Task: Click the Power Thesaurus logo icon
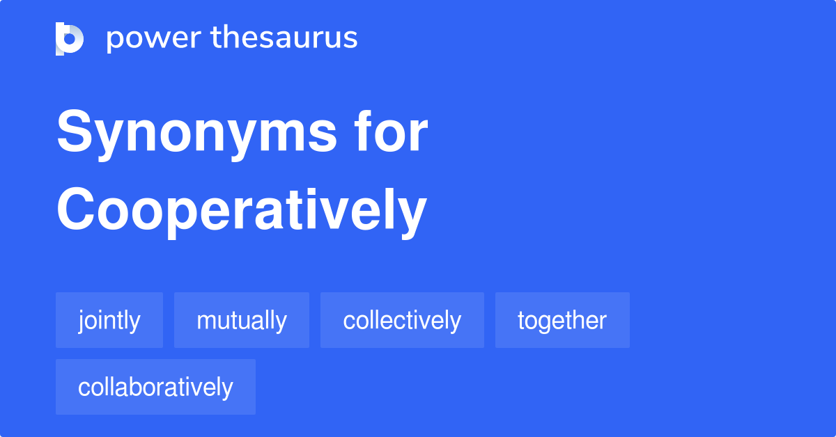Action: pos(70,38)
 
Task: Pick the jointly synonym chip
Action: pos(109,320)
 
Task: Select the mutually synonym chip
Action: pos(242,320)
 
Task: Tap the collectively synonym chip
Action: pos(402,320)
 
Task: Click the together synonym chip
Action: pos(562,320)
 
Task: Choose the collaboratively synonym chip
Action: pos(155,387)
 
